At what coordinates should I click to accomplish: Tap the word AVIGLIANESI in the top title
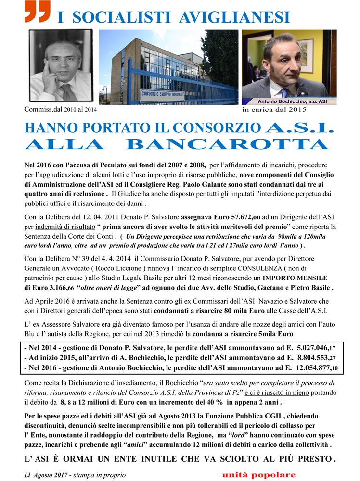(234, 17)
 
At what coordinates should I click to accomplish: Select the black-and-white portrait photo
(61, 66)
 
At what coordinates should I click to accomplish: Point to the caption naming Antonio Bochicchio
(296, 101)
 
